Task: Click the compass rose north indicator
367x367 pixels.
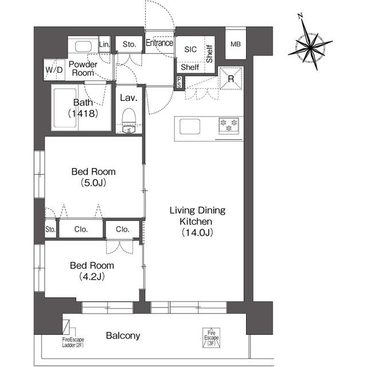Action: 300,16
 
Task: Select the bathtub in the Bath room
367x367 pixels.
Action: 65,108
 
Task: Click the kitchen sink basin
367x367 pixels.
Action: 190,127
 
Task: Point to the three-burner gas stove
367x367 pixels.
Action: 229,126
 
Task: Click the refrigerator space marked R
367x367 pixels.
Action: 231,78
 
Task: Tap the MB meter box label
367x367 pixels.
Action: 236,44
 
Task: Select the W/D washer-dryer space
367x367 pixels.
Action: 54,69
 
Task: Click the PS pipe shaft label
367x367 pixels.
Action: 179,82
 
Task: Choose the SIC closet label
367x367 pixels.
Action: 190,49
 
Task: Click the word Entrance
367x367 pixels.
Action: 159,43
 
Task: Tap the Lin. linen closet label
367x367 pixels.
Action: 104,44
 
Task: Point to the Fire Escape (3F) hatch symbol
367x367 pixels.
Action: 211,338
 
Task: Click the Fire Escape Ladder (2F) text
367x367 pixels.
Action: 73,342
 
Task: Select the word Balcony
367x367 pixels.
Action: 123,335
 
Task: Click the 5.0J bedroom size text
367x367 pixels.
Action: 93,183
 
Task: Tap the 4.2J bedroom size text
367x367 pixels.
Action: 92,276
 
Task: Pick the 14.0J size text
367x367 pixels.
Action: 197,232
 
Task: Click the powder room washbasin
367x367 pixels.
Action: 83,46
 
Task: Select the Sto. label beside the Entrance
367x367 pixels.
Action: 129,44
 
